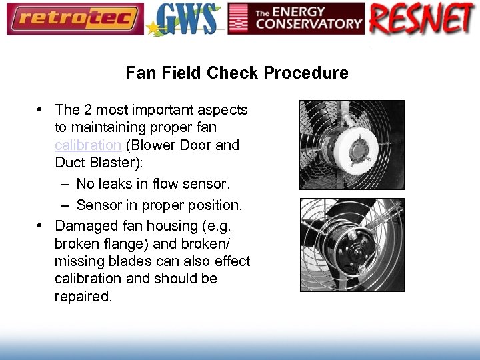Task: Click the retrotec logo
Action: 75,19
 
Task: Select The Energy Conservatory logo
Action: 296,19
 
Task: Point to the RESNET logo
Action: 421,19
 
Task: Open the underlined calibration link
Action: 87,145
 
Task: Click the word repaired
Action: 84,296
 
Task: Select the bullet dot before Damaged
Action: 41,225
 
